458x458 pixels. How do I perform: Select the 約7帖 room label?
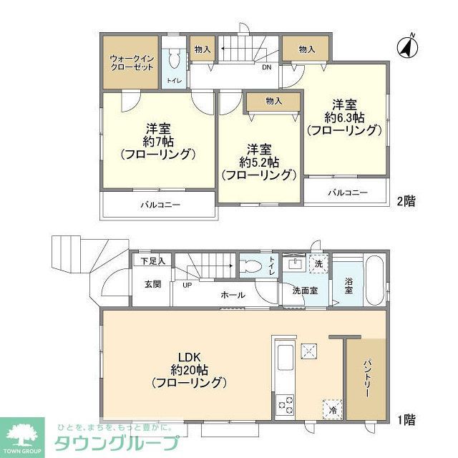(x=158, y=141)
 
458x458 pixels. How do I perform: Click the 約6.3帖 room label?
(x=343, y=117)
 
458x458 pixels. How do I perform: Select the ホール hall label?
(x=233, y=295)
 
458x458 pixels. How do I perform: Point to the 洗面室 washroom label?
(x=305, y=291)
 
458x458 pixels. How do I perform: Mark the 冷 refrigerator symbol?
(x=332, y=410)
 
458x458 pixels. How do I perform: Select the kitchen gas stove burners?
(x=285, y=404)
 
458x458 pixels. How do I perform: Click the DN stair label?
(x=266, y=68)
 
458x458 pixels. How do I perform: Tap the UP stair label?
(x=187, y=284)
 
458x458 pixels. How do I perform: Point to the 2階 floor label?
(x=406, y=201)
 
